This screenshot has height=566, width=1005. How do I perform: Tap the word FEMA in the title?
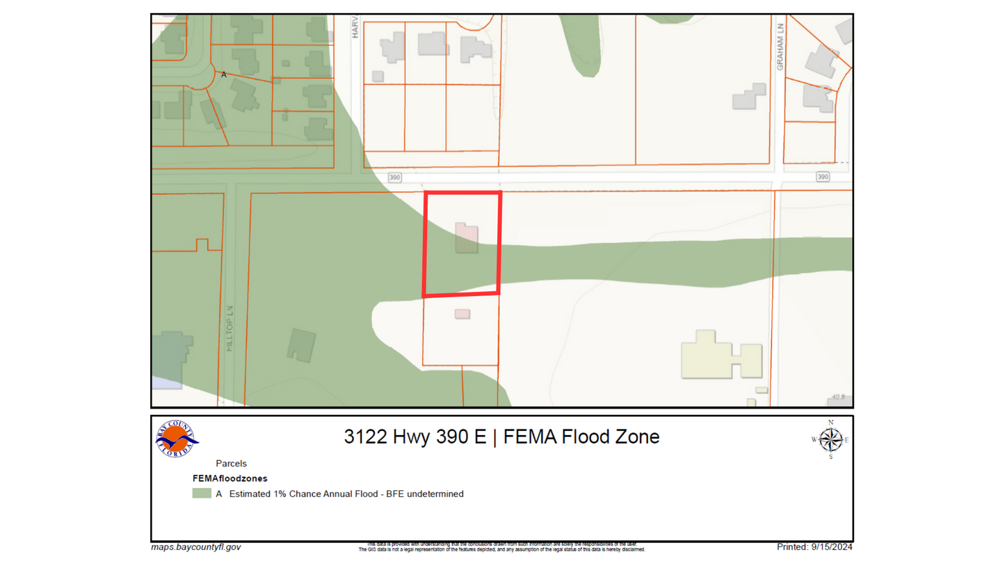(529, 437)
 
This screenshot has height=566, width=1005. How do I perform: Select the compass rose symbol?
(830, 439)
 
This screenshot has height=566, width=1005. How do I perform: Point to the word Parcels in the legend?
(231, 463)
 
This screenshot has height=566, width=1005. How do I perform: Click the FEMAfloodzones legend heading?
(230, 478)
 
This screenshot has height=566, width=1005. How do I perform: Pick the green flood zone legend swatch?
(202, 494)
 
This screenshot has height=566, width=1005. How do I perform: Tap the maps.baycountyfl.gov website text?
(196, 547)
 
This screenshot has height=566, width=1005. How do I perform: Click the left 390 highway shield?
(395, 177)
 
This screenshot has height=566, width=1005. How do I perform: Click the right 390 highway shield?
(823, 177)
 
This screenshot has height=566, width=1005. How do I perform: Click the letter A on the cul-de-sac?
(224, 74)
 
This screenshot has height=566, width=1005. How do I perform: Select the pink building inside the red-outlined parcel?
(466, 237)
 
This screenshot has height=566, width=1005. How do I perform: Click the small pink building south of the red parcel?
(462, 314)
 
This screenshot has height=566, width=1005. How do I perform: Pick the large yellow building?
(720, 354)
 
